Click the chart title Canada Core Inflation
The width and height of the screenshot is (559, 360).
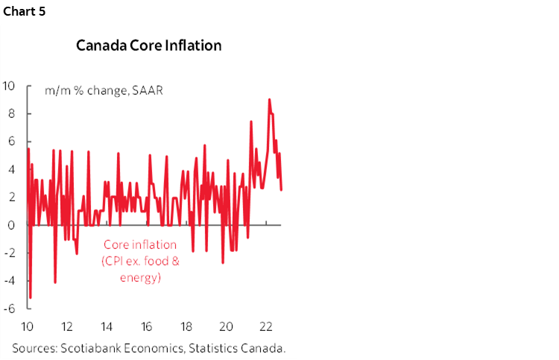click(149, 45)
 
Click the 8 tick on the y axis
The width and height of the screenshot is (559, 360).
click(10, 113)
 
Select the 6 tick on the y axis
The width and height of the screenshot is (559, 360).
click(10, 142)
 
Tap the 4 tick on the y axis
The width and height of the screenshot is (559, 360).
click(10, 169)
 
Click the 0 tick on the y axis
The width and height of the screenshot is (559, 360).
click(10, 225)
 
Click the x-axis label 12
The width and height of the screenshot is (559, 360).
click(66, 326)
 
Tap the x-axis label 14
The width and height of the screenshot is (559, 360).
click(107, 326)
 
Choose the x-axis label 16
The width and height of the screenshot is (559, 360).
click(147, 326)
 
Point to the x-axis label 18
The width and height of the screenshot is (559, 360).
click(187, 326)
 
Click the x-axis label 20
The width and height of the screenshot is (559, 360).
click(227, 326)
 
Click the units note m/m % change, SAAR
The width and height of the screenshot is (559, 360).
click(104, 91)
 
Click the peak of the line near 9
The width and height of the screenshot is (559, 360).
click(269, 99)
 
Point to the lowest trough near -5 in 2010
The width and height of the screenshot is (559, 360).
click(31, 297)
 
